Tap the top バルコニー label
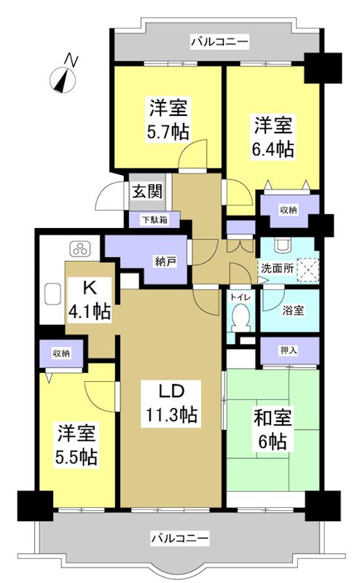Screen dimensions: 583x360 click(x=219, y=42)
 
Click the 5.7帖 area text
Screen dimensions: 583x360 click(x=169, y=133)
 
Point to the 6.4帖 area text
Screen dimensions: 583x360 click(x=273, y=149)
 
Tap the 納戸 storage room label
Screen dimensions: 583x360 click(x=165, y=262)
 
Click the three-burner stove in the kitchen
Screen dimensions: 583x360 click(x=79, y=250)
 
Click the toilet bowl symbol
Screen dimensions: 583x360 click(x=238, y=318)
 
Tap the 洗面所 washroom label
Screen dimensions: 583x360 click(x=278, y=268)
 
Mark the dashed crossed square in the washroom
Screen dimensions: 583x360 click(x=308, y=268)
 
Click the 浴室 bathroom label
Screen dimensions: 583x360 click(x=294, y=309)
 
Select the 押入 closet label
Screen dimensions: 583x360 click(x=289, y=350)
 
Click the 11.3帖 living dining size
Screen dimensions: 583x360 click(x=169, y=415)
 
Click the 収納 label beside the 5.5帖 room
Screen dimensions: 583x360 click(x=61, y=353)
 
